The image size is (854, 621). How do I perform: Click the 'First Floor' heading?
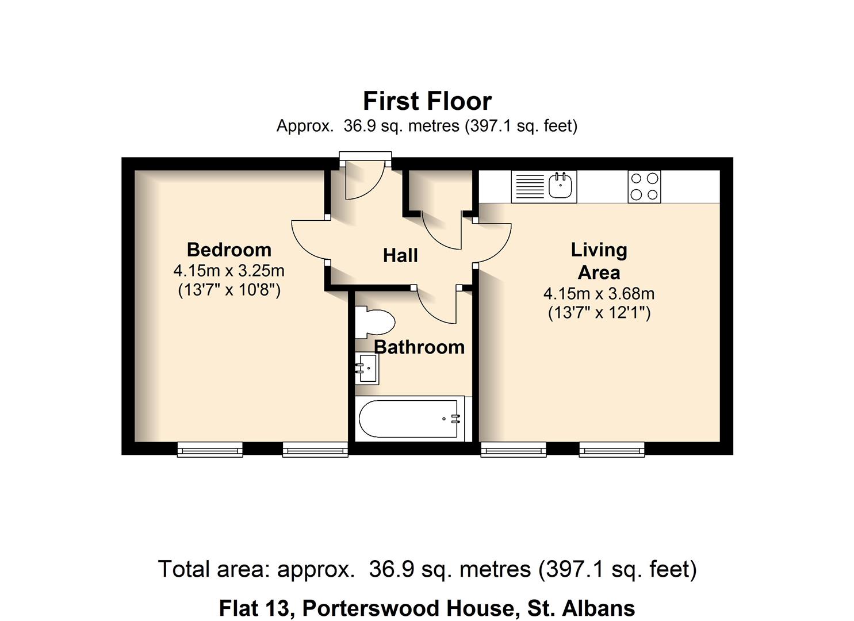427,101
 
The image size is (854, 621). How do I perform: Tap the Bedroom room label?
229,250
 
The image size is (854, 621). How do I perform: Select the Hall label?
400,255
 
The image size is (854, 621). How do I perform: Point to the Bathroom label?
419,347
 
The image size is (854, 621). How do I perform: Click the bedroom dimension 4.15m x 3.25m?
229,271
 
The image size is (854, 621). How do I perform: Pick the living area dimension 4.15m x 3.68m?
599,294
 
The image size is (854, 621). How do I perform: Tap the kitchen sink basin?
561,186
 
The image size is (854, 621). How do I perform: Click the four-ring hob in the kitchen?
644,186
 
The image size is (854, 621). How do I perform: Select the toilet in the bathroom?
374,322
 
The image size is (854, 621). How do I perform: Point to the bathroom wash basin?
367,368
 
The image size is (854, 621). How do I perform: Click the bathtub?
410,419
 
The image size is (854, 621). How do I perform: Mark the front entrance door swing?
364,181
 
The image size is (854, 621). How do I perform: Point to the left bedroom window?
210,450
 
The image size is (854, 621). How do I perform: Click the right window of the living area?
612,450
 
